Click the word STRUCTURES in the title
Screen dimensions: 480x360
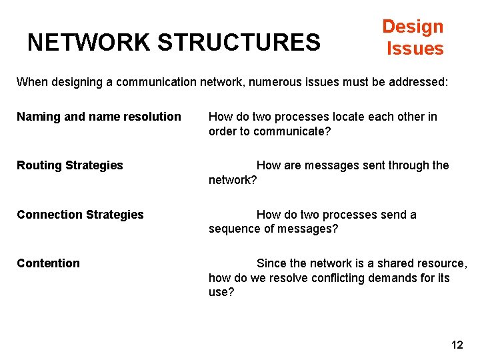pyautogui.click(x=239, y=43)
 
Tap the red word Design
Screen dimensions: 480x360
pyautogui.click(x=413, y=27)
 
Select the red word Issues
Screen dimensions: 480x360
pyautogui.click(x=415, y=49)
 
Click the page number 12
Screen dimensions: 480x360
pyautogui.click(x=457, y=345)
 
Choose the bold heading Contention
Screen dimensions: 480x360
pyautogui.click(x=48, y=263)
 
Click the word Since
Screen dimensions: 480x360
pyautogui.click(x=271, y=263)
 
